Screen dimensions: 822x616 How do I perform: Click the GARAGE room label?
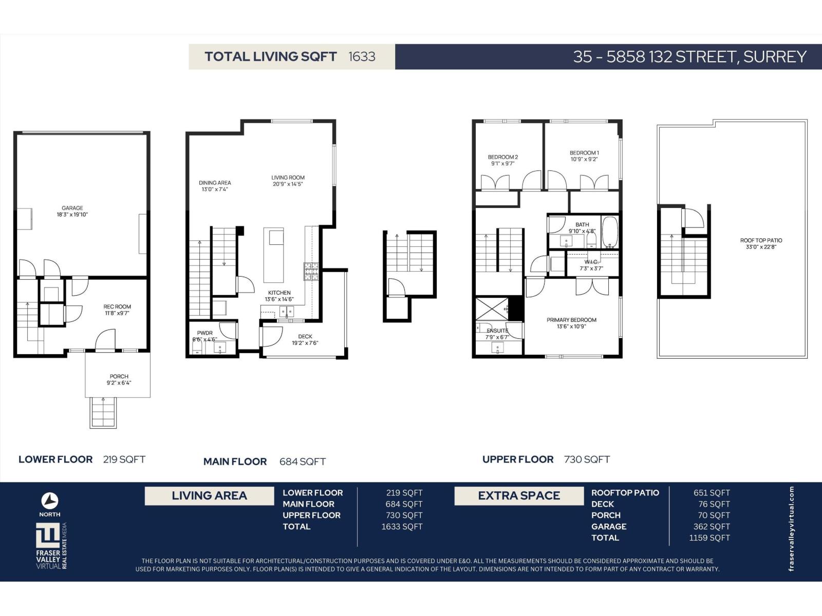coord(72,208)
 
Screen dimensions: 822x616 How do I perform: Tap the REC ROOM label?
coord(117,306)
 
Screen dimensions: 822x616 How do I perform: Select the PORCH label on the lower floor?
coord(119,376)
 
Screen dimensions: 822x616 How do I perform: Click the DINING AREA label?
coord(215,183)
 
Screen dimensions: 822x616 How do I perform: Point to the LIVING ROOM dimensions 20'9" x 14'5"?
coord(288,184)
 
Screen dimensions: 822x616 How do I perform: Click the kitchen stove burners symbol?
coord(311,272)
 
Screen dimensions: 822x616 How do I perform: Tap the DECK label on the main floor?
coord(305,337)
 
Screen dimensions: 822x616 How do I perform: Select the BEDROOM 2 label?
coord(503,157)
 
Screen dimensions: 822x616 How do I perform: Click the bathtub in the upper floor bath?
coord(610,232)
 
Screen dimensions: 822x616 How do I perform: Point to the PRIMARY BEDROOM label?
coord(571,320)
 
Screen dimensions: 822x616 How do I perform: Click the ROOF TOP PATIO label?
coord(761,240)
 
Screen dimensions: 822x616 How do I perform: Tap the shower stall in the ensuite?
coord(492,309)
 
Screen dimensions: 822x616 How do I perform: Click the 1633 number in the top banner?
coord(362,56)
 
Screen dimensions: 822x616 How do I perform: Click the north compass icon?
coord(50,501)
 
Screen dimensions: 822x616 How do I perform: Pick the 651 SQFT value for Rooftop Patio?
coord(712,493)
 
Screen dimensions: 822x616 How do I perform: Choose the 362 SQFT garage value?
coord(712,527)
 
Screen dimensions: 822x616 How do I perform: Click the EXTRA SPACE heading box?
coord(519,496)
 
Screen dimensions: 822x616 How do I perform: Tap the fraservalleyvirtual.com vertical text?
coord(791,529)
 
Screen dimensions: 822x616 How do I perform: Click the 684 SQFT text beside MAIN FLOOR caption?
coord(303,461)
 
